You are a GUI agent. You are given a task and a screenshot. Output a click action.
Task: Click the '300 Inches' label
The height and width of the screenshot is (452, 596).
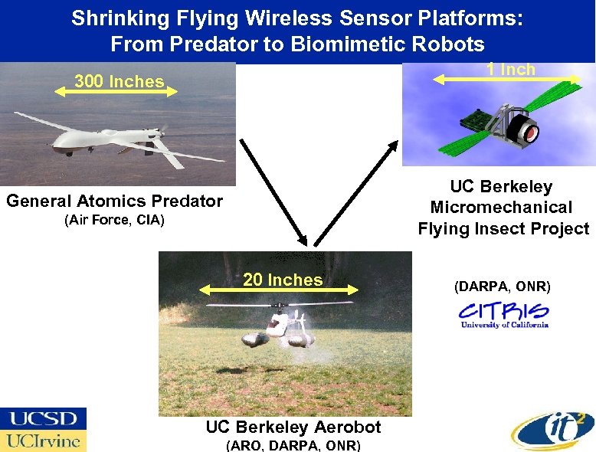click(119, 82)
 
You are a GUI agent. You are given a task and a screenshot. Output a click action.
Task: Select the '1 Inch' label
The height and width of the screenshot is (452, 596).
click(510, 70)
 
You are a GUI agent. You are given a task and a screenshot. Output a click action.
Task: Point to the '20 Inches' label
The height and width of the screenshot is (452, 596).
click(283, 280)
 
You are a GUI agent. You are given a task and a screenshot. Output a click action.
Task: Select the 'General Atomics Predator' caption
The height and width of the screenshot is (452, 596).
click(114, 201)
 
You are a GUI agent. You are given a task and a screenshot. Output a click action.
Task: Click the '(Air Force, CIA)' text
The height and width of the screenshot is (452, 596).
click(114, 221)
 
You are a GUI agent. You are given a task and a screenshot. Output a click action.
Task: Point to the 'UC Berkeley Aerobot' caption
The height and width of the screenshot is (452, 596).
click(293, 426)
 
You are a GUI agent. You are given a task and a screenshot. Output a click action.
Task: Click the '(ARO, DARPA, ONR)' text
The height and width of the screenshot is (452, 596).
click(293, 445)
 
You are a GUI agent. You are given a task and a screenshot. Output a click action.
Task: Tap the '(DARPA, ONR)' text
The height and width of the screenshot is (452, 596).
click(502, 287)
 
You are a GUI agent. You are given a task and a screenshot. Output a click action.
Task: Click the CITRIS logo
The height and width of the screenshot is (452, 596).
click(503, 314)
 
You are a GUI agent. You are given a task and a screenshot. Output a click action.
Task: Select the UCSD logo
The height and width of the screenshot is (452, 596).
click(43, 418)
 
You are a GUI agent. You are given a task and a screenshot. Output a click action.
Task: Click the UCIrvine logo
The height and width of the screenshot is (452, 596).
click(43, 441)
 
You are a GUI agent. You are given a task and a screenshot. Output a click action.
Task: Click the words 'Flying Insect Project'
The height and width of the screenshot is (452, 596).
click(503, 228)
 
